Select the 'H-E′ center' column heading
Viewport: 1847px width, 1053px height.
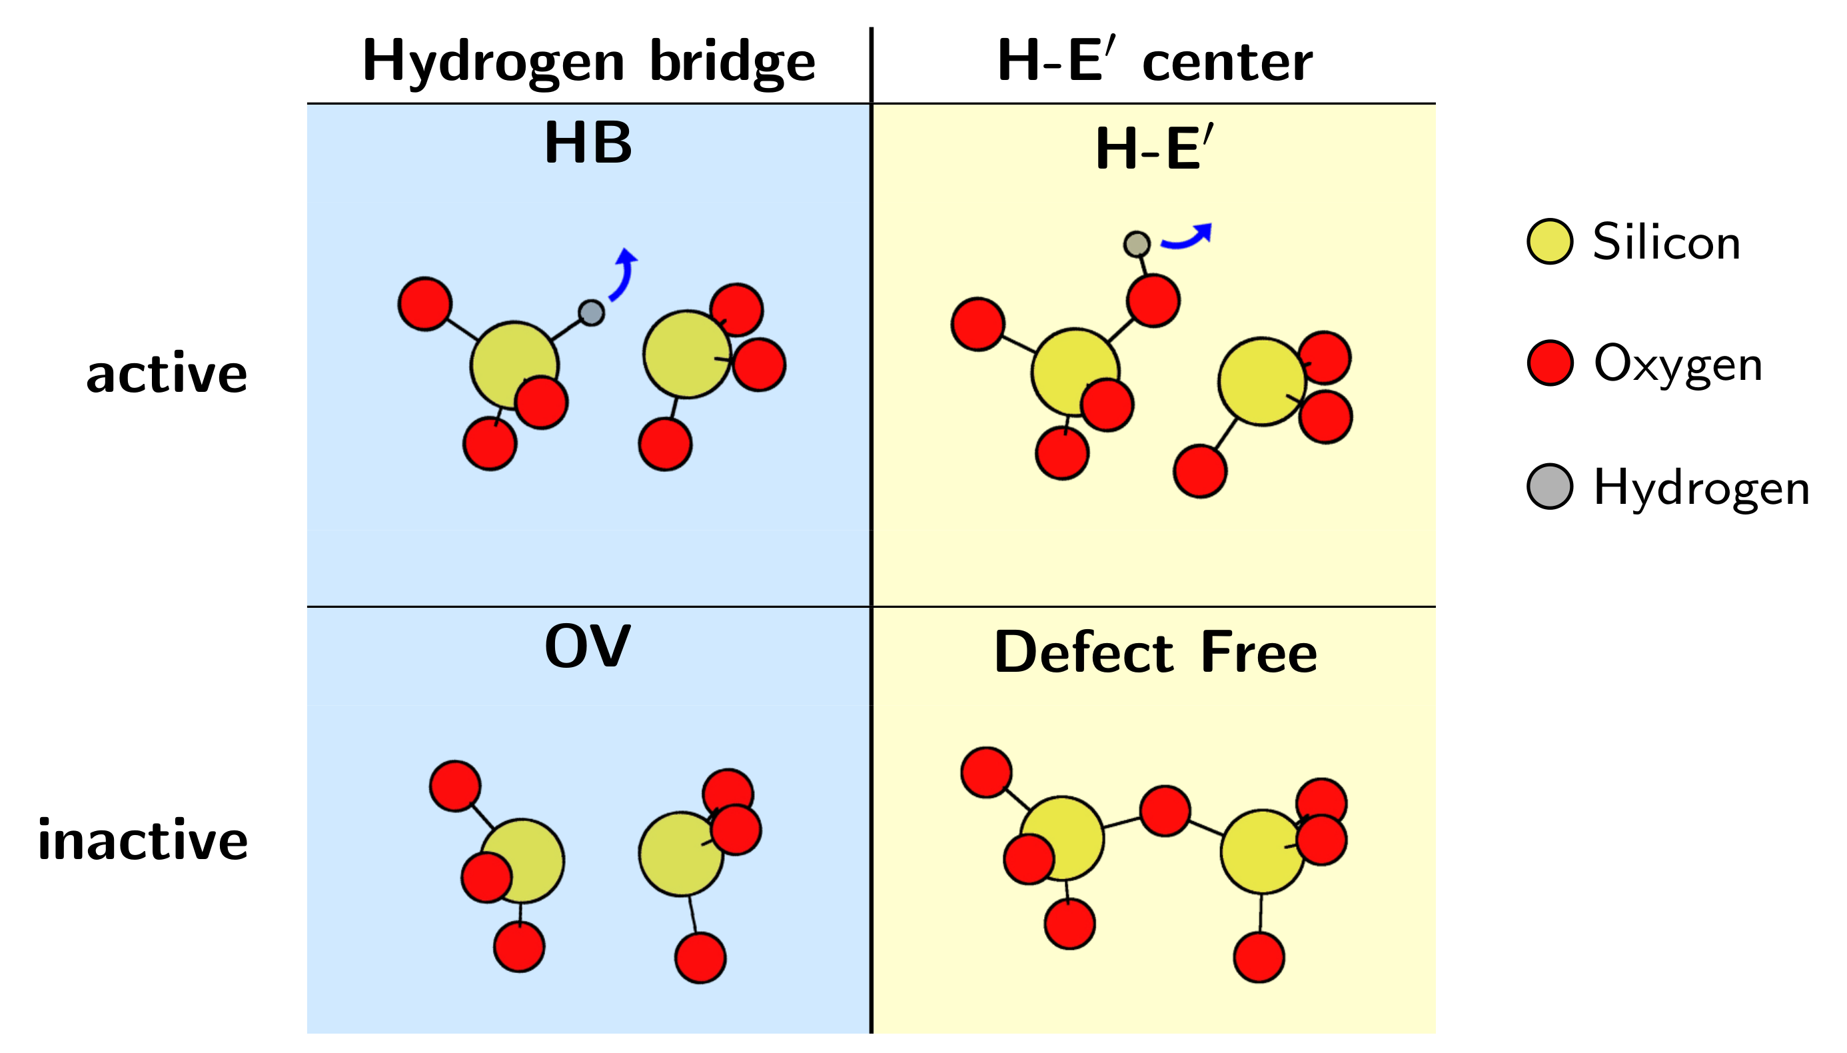tap(1154, 62)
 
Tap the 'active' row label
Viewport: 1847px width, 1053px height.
tap(167, 375)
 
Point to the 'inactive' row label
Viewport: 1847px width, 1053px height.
tap(143, 841)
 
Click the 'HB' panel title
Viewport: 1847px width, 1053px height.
tap(588, 143)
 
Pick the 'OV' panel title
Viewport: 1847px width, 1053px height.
tap(587, 646)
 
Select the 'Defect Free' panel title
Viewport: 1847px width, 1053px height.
tap(1155, 652)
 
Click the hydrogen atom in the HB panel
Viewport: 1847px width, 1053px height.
tap(590, 313)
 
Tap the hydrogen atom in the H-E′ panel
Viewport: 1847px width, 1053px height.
tap(1137, 244)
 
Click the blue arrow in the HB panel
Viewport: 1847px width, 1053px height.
tap(623, 275)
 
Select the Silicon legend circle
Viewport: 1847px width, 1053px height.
tap(1549, 241)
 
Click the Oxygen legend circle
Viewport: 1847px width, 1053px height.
tap(1550, 363)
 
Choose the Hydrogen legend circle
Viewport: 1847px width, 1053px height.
tap(1549, 487)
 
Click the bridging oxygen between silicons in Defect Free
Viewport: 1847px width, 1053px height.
tap(1165, 810)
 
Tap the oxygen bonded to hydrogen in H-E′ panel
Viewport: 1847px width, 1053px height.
tap(1153, 300)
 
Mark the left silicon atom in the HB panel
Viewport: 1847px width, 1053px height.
tap(513, 365)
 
